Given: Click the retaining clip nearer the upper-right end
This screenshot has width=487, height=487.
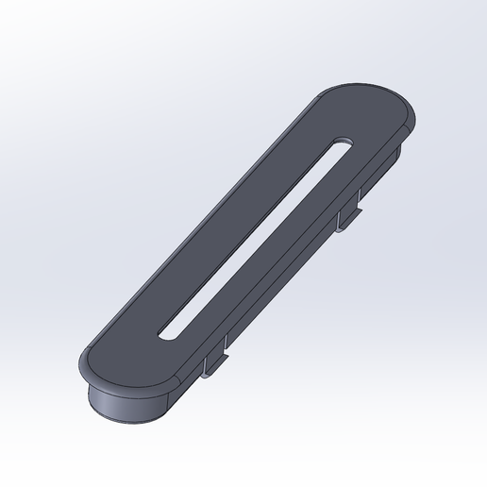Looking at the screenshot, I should pyautogui.click(x=350, y=212).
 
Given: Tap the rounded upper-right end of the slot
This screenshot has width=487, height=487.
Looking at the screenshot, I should pyautogui.click(x=341, y=143).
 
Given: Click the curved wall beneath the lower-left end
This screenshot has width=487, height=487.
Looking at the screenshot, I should pyautogui.click(x=127, y=401).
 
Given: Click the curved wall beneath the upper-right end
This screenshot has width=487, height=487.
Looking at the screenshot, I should pyautogui.click(x=401, y=151).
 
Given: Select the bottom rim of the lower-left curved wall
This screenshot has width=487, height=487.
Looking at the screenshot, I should pyautogui.click(x=132, y=418).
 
